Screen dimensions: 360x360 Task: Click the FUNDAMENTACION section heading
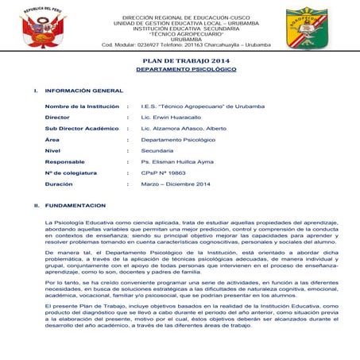(75, 206)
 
